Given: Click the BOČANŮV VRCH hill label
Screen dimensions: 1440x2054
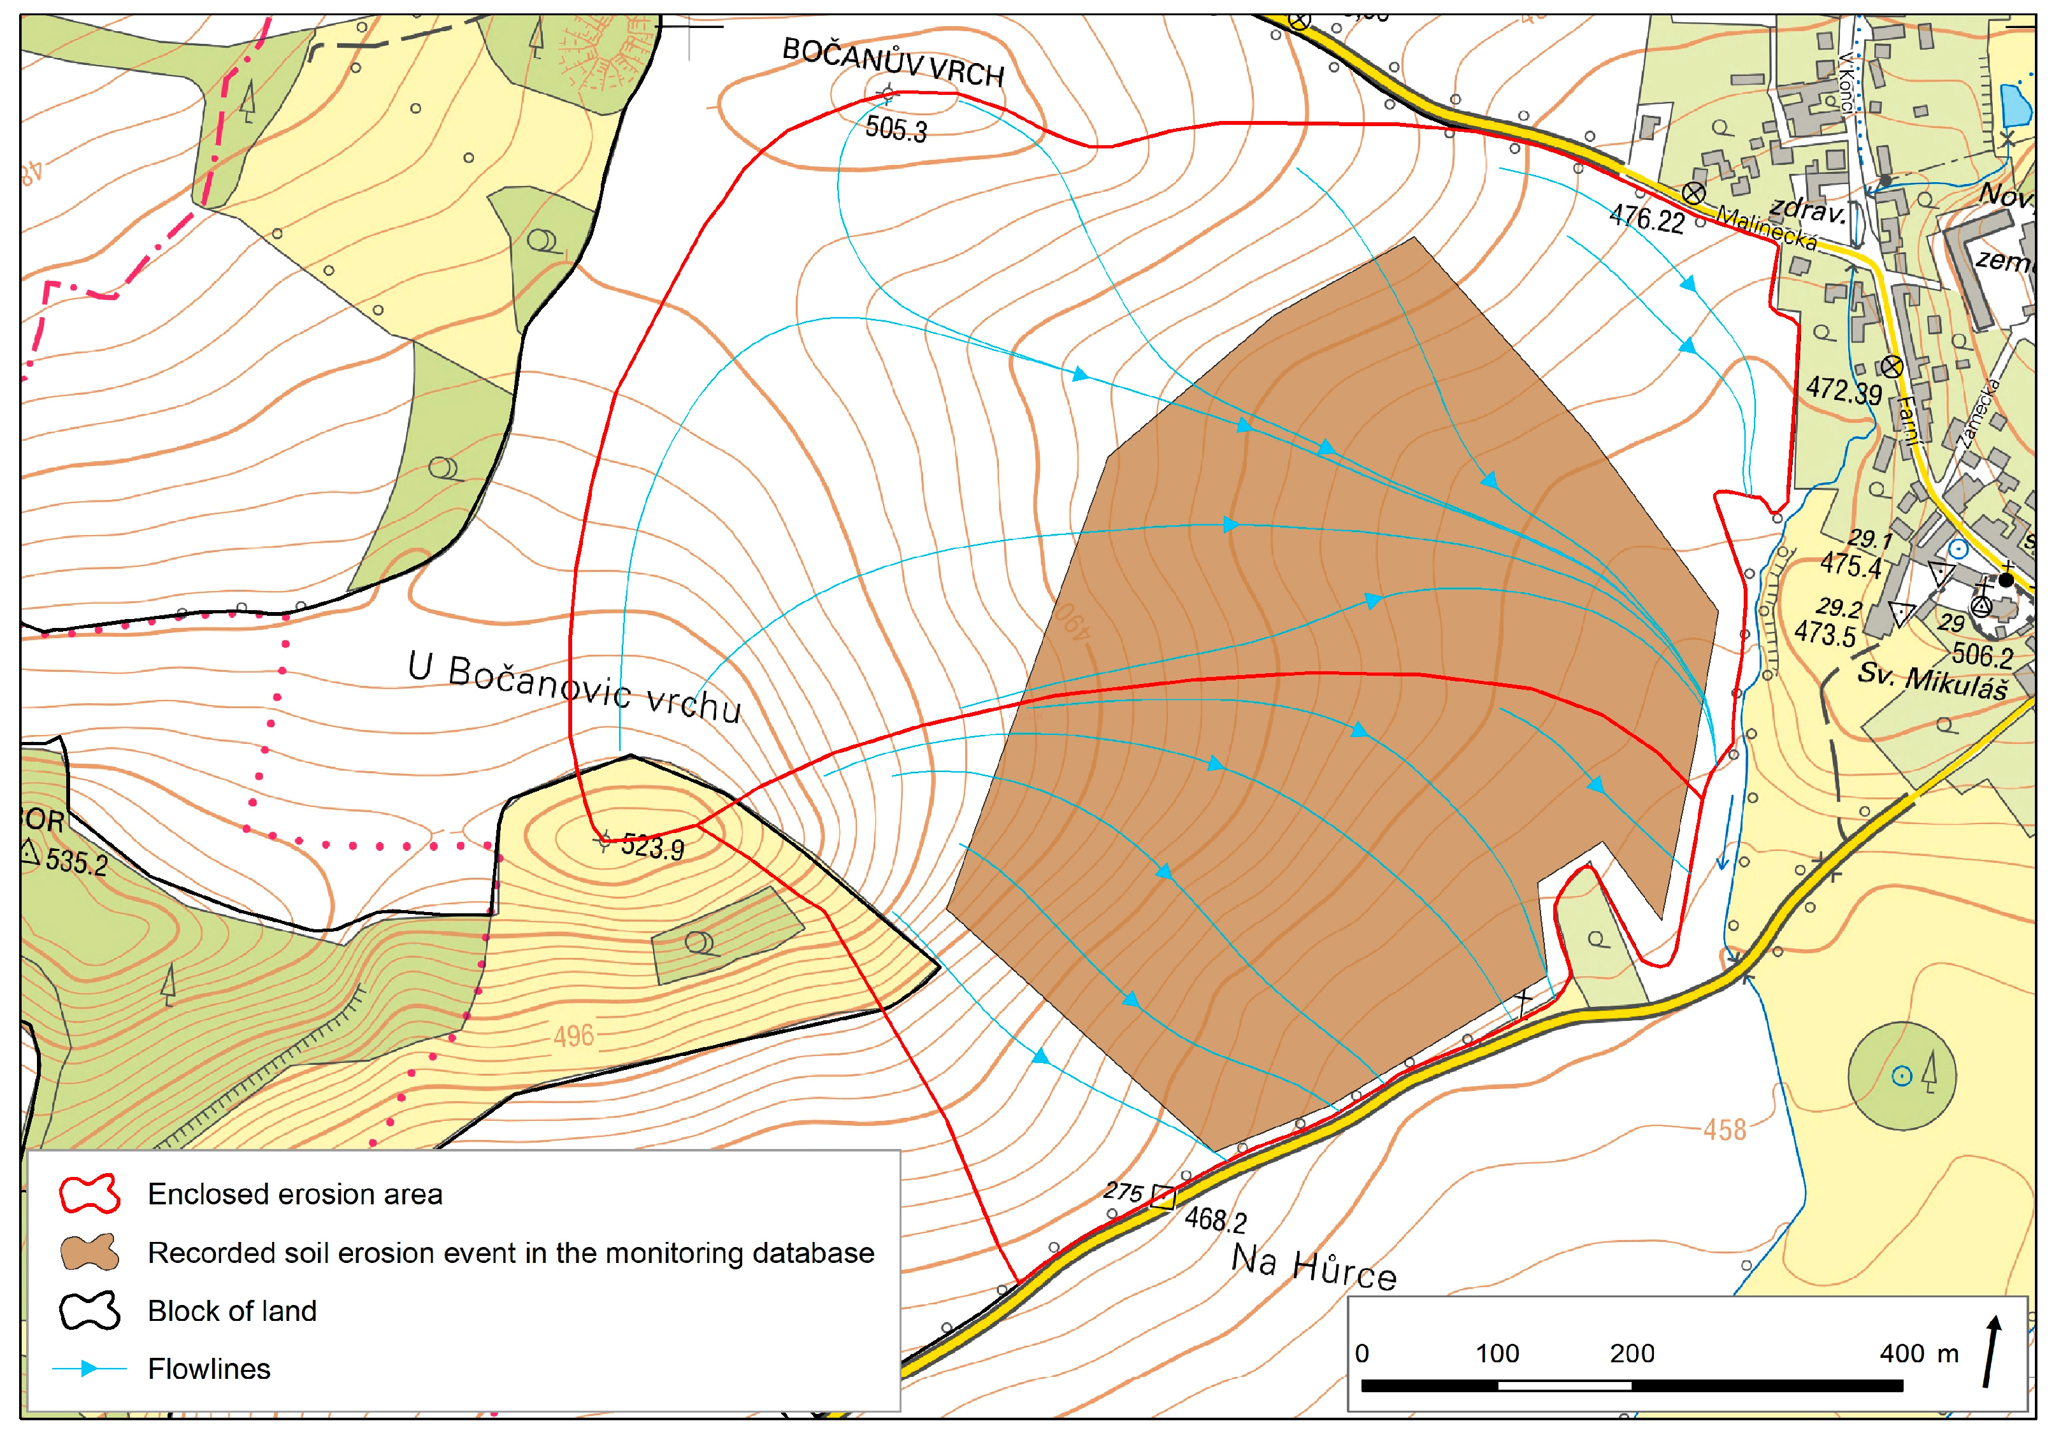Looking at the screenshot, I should pyautogui.click(x=893, y=62).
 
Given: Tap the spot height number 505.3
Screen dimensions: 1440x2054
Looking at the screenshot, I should pyautogui.click(x=896, y=129).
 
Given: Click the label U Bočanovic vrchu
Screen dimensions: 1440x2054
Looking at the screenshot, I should pyautogui.click(x=574, y=687).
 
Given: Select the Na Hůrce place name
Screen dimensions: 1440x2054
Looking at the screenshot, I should pyautogui.click(x=1313, y=1267).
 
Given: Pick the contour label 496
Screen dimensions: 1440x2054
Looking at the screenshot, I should pyautogui.click(x=573, y=1036).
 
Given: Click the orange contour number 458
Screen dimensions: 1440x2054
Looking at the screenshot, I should pyautogui.click(x=1724, y=1130).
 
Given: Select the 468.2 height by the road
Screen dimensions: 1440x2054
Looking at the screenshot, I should pyautogui.click(x=1215, y=1219).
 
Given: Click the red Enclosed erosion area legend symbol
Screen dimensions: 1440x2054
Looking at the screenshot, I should pyautogui.click(x=89, y=1194).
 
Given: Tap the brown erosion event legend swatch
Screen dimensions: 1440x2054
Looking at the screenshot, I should pyautogui.click(x=89, y=1252).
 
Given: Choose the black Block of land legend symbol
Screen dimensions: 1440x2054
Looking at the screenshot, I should pyautogui.click(x=89, y=1310).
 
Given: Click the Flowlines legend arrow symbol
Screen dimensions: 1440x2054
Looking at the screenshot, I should pyautogui.click(x=89, y=1369).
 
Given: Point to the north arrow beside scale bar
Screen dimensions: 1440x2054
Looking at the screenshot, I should pyautogui.click(x=1992, y=1351).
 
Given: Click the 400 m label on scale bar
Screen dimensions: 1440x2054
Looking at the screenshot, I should pyautogui.click(x=1918, y=1353).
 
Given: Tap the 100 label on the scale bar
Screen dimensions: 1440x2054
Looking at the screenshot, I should pyautogui.click(x=1497, y=1353).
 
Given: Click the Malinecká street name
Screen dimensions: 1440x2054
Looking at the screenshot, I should pyautogui.click(x=1766, y=228).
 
